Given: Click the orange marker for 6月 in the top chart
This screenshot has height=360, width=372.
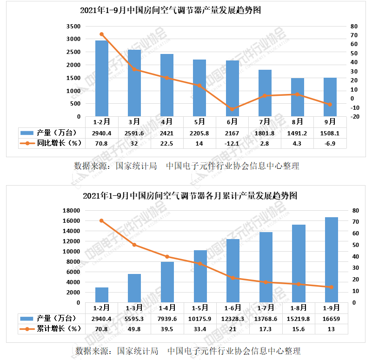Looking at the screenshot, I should pos(232,109).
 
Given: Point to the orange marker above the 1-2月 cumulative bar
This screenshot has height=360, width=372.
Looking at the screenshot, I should pos(101,220).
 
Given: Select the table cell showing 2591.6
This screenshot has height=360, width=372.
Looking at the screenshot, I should pos(134,133).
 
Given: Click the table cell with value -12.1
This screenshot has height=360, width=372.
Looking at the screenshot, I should pos(232,143).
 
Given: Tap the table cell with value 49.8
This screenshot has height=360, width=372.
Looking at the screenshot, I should pos(134,329).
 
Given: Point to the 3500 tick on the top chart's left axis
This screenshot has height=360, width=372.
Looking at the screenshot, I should pos(73,27).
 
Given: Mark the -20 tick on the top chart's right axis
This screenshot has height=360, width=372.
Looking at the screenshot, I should pos(356,117).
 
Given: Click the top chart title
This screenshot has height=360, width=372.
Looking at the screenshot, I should pos(177,10).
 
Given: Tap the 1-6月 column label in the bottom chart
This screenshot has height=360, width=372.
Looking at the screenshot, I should pos(232,307).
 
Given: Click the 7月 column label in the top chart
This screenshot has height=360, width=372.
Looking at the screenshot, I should pos(265,122).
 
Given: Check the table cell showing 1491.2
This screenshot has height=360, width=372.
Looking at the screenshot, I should pos(298,133).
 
